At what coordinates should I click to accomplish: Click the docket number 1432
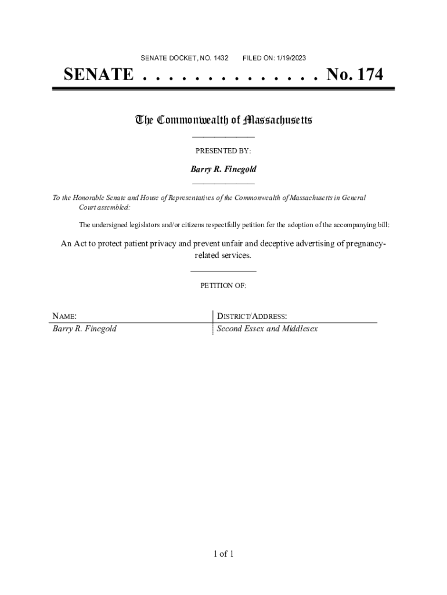click(x=221, y=58)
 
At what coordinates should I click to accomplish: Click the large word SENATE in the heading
click(x=98, y=75)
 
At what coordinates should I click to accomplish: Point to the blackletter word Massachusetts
click(x=278, y=120)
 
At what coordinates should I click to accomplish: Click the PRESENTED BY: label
click(x=223, y=151)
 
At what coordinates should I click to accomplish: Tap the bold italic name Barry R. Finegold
click(x=223, y=169)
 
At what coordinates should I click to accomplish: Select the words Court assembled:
click(x=105, y=207)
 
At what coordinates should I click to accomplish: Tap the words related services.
click(x=223, y=256)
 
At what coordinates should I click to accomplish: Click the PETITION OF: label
click(x=223, y=286)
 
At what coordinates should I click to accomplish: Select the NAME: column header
click(x=65, y=317)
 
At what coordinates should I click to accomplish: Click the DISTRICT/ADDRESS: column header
click(x=251, y=317)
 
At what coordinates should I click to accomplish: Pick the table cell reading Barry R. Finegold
click(x=85, y=329)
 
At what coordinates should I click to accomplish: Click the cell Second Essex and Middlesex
click(x=267, y=329)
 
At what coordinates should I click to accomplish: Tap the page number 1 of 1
click(x=223, y=554)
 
